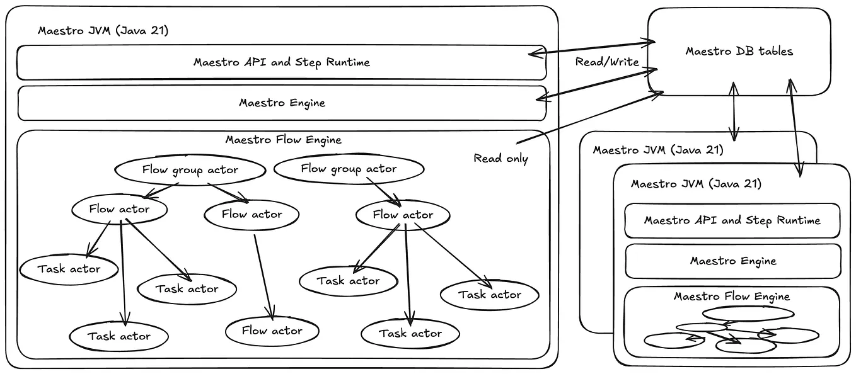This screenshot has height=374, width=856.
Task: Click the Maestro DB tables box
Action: click(739, 52)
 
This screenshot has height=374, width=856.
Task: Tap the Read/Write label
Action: click(607, 62)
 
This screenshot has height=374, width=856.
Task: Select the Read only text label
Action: click(500, 158)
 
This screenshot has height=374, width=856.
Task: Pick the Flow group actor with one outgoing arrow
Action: click(349, 168)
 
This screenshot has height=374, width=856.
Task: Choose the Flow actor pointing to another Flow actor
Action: click(252, 214)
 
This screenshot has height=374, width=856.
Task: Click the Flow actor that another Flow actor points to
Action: click(272, 331)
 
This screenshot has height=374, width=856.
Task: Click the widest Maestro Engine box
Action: click(282, 103)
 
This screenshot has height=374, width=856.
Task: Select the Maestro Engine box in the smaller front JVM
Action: click(732, 261)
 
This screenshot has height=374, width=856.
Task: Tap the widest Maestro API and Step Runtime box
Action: click(281, 62)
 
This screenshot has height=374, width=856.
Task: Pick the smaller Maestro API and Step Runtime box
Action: click(732, 220)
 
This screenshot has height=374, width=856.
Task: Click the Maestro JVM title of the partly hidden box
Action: click(658, 150)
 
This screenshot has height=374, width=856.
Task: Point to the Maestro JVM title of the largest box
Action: click(103, 30)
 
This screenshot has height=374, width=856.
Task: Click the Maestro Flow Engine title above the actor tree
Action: click(283, 139)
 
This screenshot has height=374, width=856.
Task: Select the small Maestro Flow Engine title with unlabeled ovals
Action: click(731, 296)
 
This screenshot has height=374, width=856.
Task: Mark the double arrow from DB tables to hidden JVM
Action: click(733, 111)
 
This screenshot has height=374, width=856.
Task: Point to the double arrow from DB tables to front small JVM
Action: click(794, 126)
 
